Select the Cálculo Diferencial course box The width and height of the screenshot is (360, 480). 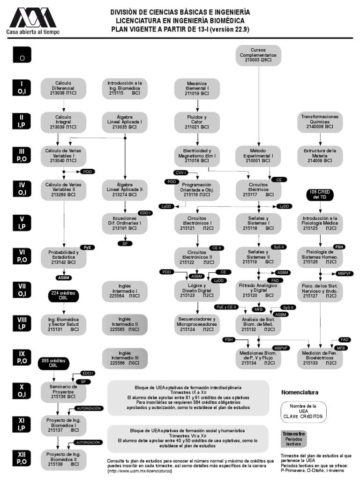coord(63,88)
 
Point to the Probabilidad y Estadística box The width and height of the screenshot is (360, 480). coord(63,257)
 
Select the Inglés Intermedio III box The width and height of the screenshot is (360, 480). coord(125,358)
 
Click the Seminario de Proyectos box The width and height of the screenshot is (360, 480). coord(63,390)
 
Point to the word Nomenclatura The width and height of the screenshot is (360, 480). coord(300,392)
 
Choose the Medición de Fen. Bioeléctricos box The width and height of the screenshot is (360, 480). coord(320,358)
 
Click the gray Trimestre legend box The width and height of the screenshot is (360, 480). coord(294,438)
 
